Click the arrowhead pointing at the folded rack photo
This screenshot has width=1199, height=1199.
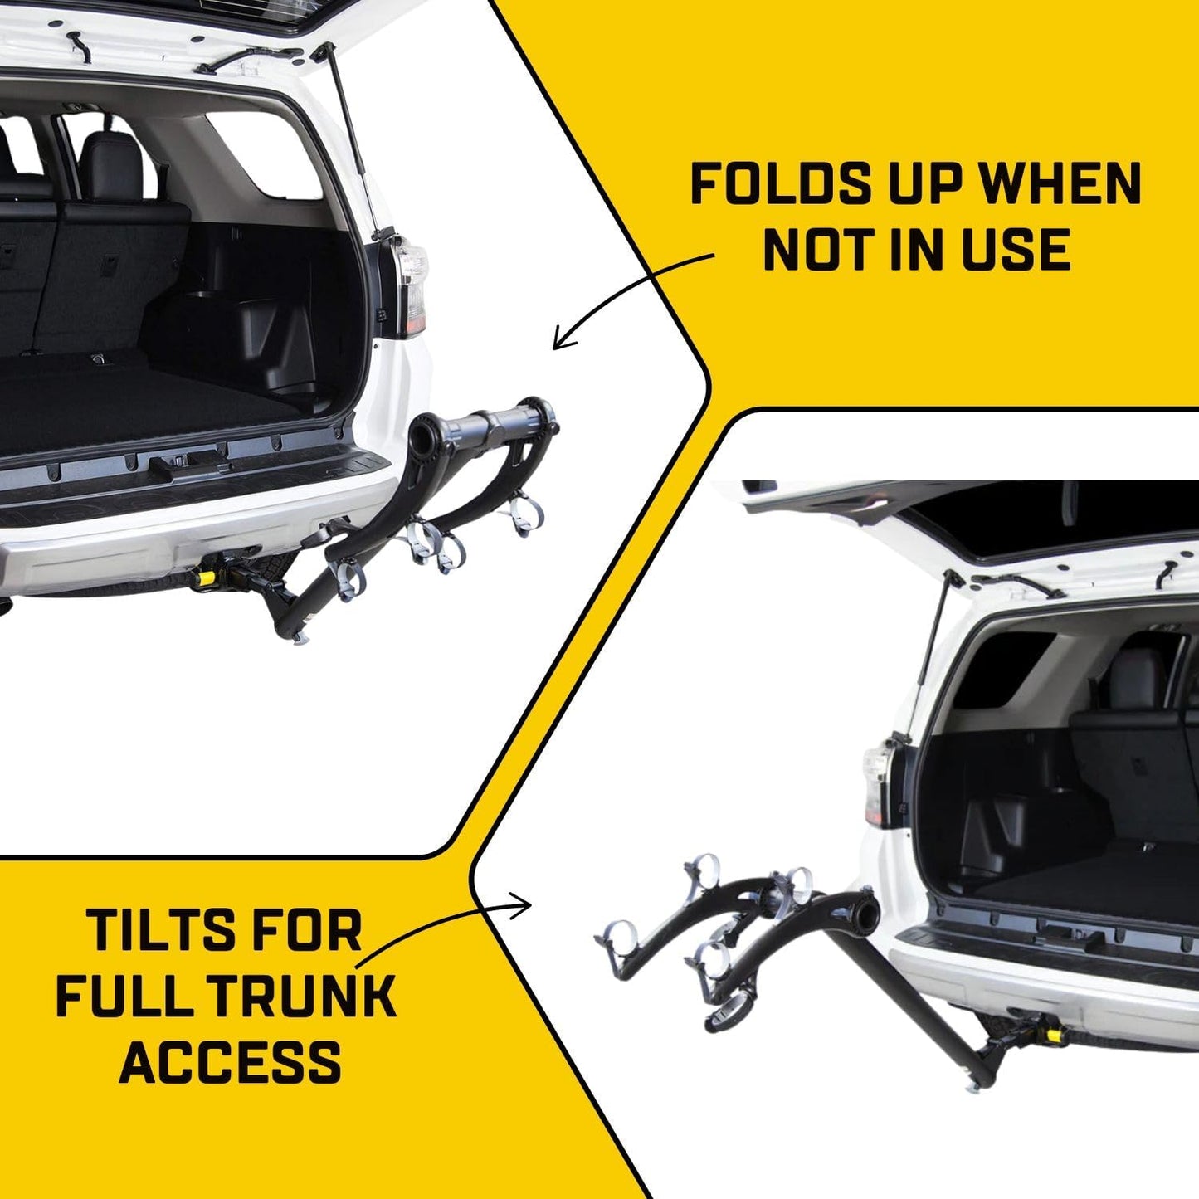(560, 340)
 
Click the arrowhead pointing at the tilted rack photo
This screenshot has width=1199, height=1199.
(524, 906)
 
